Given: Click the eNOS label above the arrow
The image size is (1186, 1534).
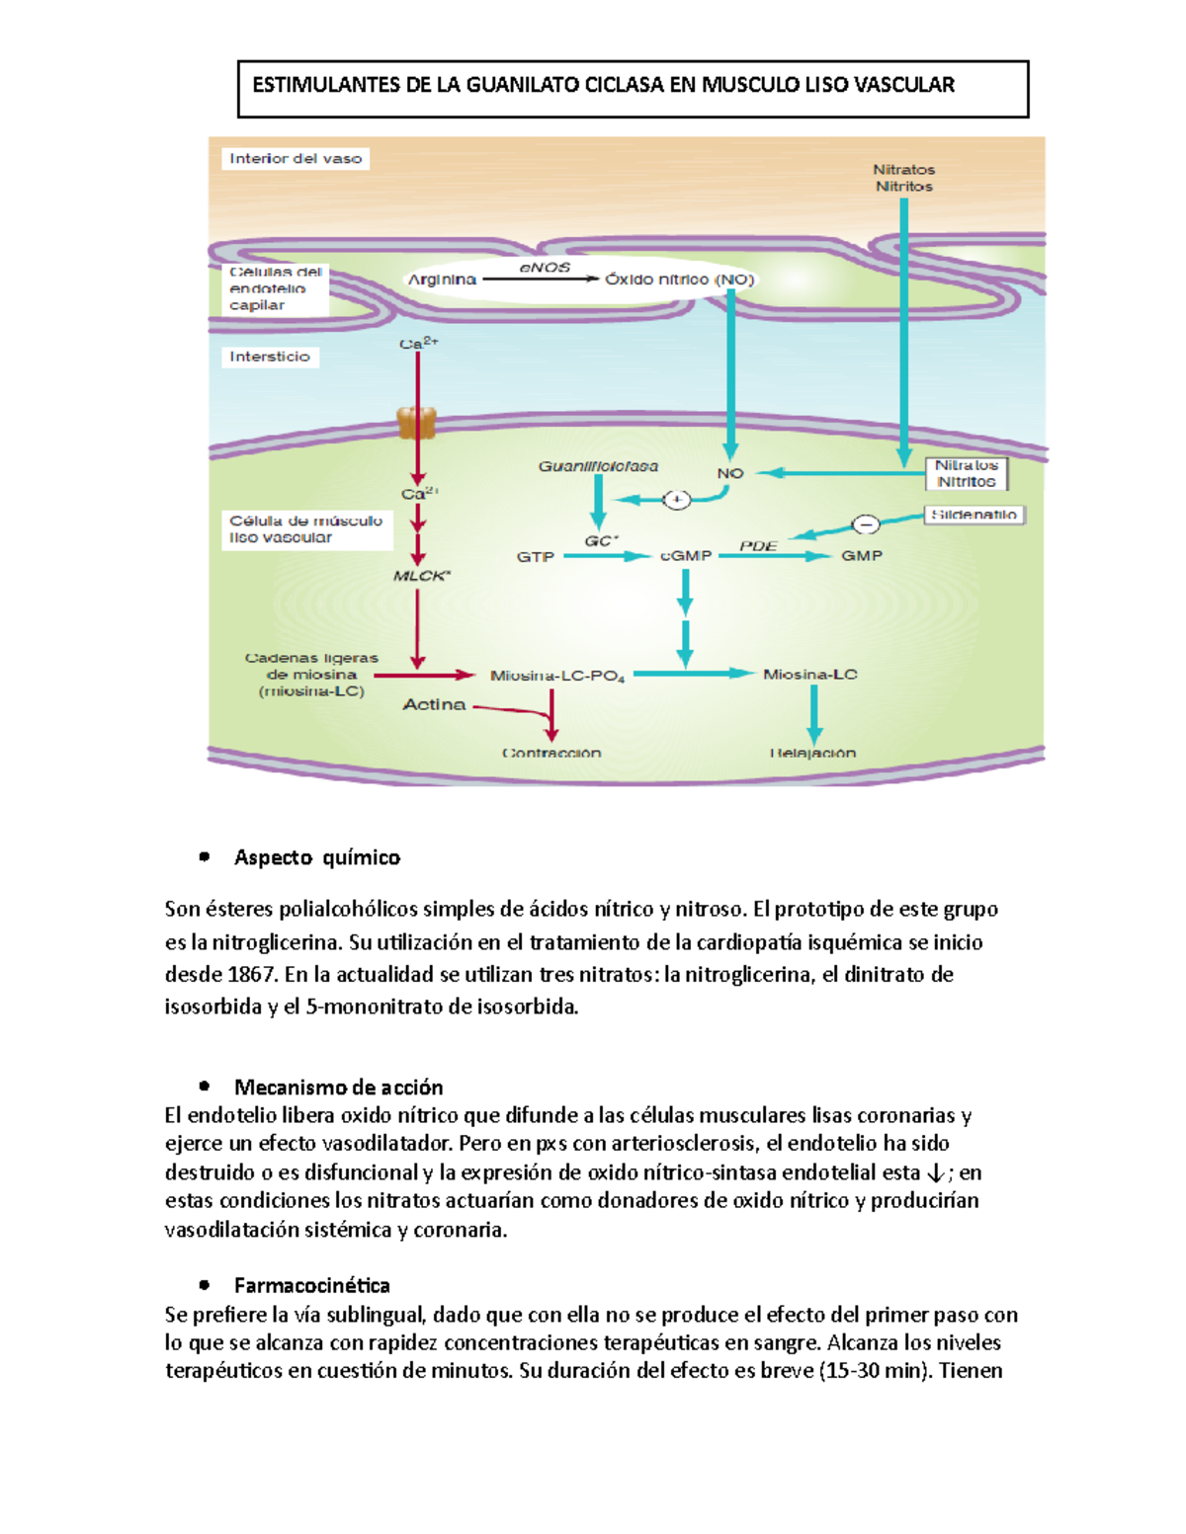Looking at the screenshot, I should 545,268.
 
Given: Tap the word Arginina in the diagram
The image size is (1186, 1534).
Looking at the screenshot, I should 442,280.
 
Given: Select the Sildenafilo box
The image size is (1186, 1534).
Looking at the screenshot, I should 974,515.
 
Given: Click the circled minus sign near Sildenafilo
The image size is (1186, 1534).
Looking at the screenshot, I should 865,525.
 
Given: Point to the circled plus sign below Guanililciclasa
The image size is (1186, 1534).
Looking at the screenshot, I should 676,500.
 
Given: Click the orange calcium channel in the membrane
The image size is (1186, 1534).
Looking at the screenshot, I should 416,423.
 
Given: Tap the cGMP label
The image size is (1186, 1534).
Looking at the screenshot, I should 686,556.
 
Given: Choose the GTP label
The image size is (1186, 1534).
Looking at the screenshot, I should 535,557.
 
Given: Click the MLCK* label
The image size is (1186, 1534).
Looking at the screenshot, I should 421,576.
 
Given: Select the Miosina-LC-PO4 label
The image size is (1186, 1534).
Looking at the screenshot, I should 557,677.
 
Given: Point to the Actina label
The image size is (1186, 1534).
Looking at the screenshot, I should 434,704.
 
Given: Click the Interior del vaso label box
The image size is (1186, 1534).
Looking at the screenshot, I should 296,158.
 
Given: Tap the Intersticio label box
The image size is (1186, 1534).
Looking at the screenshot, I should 270,357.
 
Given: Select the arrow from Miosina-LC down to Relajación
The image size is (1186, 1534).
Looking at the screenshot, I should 813,713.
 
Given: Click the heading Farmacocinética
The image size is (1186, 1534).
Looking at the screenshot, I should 311,1285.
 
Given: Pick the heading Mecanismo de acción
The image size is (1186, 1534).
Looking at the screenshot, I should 338,1088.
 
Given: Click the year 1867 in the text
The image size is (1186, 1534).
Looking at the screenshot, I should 251,975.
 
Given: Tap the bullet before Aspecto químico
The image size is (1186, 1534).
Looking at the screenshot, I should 205,857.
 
